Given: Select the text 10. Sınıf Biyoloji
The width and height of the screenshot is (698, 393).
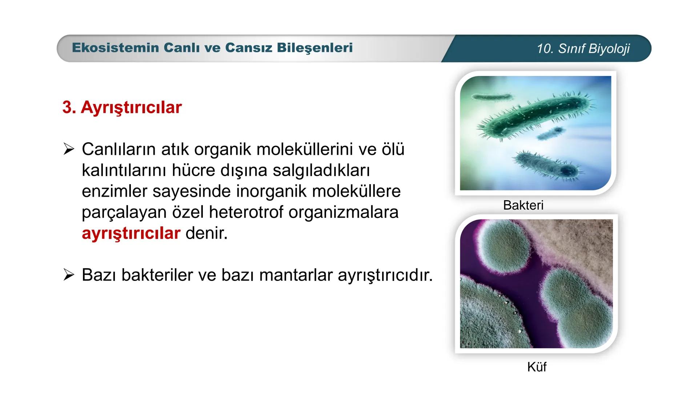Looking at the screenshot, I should pos(583,49).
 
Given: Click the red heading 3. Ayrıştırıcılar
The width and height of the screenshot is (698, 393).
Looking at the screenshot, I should pos(122,107).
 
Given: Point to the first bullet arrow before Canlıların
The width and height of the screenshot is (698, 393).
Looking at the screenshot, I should pos(69,149).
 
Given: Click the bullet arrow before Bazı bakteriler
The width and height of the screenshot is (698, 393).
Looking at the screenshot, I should pos(69,275).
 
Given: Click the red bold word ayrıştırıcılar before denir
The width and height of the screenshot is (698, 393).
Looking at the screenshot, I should pos(131,233).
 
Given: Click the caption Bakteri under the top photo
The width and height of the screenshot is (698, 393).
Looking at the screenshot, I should pos(523,205).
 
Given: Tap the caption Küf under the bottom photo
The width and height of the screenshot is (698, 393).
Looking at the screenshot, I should pos(537,367).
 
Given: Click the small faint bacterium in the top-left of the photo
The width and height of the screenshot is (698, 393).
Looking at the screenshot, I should pos(491,97).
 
